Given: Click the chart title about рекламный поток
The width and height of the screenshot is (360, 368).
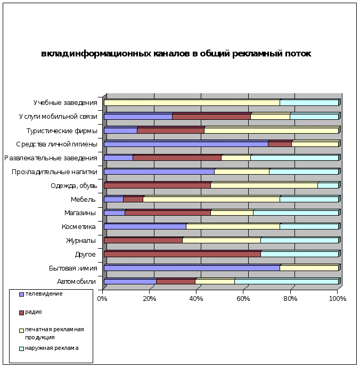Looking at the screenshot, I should pos(176,54).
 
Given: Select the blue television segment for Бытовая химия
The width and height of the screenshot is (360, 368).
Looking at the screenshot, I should pos(192,268).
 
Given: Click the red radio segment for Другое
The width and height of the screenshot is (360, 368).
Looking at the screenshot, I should pos(182,254).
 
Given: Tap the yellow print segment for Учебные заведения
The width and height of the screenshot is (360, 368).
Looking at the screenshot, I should pos(192,103).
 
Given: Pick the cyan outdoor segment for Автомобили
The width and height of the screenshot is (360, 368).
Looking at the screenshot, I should pos(287,282).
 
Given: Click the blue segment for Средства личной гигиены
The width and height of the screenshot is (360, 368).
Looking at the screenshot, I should pos(186,144).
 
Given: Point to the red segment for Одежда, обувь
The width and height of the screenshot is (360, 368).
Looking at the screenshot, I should pos(157,185).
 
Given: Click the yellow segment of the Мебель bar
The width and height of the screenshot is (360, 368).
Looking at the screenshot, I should pos(211,199).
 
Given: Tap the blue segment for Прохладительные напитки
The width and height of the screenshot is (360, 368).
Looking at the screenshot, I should pos(159,171).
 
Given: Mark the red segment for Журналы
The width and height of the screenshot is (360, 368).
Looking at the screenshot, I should pos(143,240).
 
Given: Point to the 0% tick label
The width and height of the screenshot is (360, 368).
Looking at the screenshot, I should pos(102,299).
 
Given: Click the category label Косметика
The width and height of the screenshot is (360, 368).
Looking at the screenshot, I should pos(79,226).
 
